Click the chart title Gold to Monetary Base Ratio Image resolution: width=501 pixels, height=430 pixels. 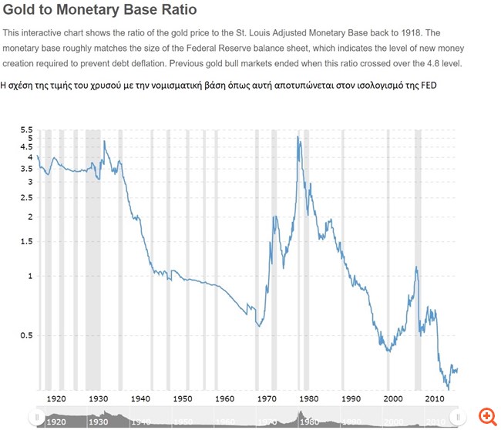click(100, 11)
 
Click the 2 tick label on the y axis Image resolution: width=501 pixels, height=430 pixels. click(30, 217)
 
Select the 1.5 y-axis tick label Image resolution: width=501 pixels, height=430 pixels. click(27, 241)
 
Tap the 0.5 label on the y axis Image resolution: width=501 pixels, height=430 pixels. click(27, 335)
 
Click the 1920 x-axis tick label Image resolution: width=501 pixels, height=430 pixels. click(56, 398)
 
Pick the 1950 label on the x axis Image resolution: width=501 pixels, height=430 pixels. click(183, 398)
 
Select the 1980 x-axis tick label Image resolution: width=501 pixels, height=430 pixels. click(308, 398)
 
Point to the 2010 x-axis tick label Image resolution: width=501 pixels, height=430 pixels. click(435, 398)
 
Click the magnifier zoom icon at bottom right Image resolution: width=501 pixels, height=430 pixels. click(486, 416)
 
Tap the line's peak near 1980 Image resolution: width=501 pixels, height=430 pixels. click(298, 137)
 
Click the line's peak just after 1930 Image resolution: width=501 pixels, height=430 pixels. click(104, 141)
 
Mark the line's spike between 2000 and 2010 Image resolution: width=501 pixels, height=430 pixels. click(416, 267)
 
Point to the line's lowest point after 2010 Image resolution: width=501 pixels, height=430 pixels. click(448, 388)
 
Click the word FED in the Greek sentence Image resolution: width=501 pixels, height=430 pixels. click(426, 85)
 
